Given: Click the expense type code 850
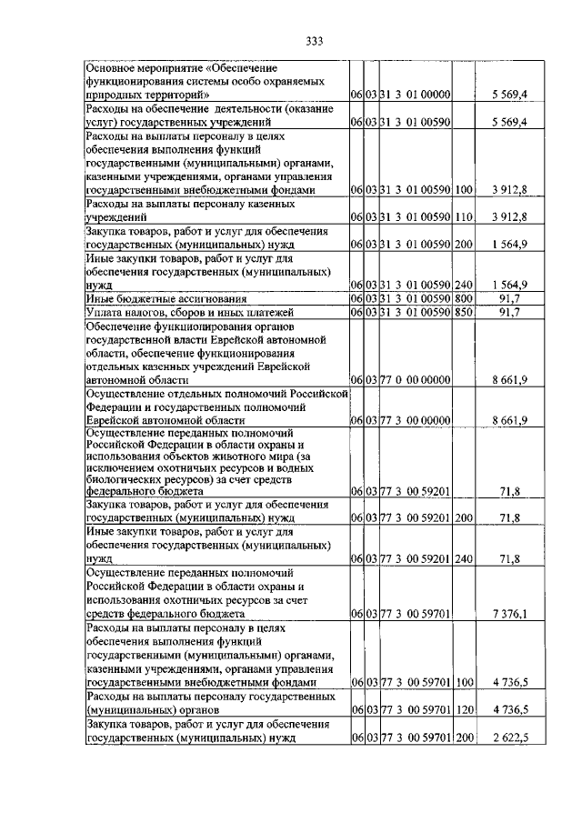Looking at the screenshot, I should [x=464, y=312].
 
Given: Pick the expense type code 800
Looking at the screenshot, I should [x=464, y=298].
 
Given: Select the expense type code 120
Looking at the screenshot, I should [x=464, y=710].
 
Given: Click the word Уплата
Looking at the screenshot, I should [x=105, y=312].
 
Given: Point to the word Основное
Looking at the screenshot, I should [x=114, y=67].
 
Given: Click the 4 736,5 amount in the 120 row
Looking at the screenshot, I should [x=508, y=710].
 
